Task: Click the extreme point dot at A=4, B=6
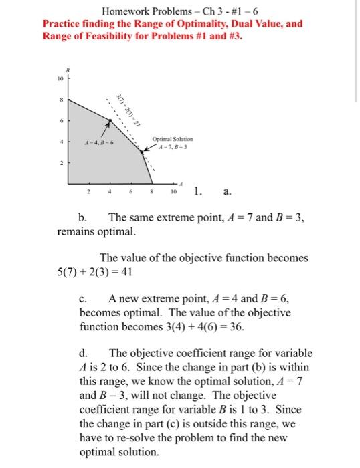pyautogui.click(x=110, y=121)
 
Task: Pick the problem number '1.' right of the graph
pyautogui.click(x=198, y=191)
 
